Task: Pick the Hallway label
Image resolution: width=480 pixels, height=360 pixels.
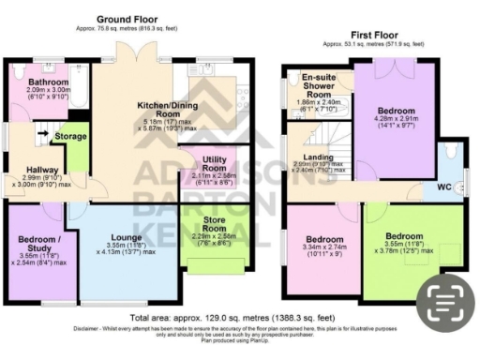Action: (x=30, y=169)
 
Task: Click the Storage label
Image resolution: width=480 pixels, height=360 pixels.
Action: (x=71, y=137)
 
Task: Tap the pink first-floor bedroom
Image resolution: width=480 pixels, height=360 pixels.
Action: (x=323, y=246)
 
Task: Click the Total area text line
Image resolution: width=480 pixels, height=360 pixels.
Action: (x=207, y=320)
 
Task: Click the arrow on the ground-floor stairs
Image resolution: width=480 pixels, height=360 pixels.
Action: (x=40, y=133)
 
